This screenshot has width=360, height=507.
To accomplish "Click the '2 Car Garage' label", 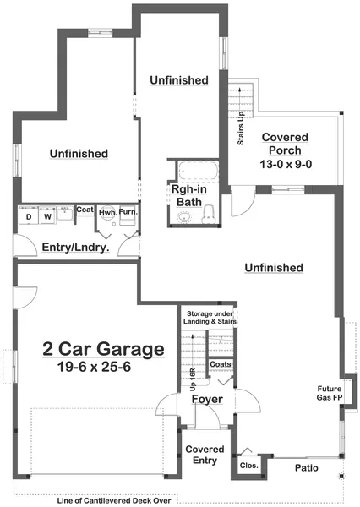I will click(103, 348).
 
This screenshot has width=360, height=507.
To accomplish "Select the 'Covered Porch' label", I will click(285, 144).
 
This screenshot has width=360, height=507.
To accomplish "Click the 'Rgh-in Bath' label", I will click(187, 196).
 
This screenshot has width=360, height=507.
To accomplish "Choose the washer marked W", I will click(47, 216).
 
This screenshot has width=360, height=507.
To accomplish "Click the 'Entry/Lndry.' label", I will click(75, 248).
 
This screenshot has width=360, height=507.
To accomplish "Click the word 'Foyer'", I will click(206, 399).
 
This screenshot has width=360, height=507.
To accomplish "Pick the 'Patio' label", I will click(305, 466).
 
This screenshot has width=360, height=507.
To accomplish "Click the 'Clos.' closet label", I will click(248, 465).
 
